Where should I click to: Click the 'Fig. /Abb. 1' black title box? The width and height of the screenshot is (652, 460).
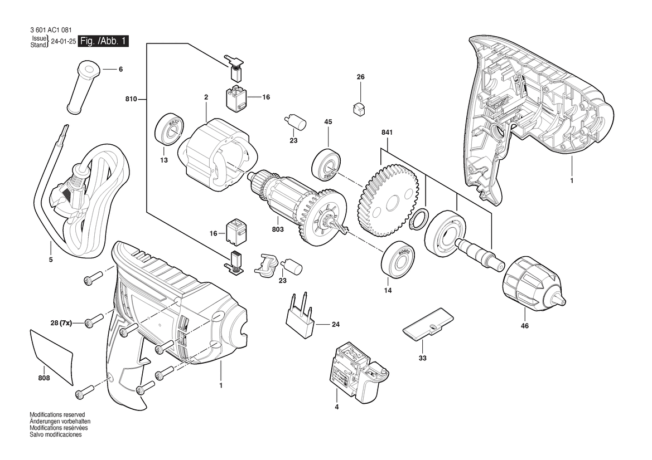click(104, 41)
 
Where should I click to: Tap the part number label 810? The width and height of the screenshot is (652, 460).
click(131, 100)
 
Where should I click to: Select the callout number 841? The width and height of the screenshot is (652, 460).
click(387, 133)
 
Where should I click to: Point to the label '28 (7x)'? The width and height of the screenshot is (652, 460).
click(60, 323)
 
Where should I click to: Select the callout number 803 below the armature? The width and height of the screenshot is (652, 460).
click(278, 229)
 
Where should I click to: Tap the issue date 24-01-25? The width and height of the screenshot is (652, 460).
click(63, 42)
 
